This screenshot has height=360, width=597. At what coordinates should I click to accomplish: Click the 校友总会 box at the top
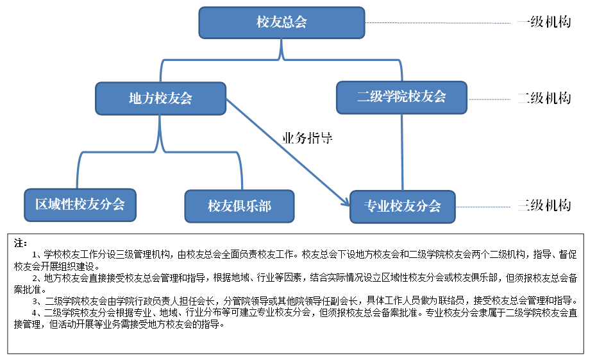[282, 22]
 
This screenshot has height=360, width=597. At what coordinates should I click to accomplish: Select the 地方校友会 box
[160, 98]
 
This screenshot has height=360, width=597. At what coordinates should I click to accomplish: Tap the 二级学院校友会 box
[401, 97]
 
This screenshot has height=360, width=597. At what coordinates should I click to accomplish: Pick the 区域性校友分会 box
[80, 205]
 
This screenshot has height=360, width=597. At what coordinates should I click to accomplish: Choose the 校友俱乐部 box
[239, 206]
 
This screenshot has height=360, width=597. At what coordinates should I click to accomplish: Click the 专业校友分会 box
[402, 206]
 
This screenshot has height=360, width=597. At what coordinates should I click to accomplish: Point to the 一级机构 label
[544, 22]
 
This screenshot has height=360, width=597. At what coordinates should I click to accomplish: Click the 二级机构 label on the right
[544, 99]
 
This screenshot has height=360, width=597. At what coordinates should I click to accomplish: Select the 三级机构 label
[544, 206]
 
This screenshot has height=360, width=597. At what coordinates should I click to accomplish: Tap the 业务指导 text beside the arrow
[307, 138]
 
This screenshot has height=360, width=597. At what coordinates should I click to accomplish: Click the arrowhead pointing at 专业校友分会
[345, 202]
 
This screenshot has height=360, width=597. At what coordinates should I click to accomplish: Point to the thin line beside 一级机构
[442, 23]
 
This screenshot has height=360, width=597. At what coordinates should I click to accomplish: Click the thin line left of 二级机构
[491, 99]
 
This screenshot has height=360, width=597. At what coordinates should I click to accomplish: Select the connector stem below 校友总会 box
[282, 49]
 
